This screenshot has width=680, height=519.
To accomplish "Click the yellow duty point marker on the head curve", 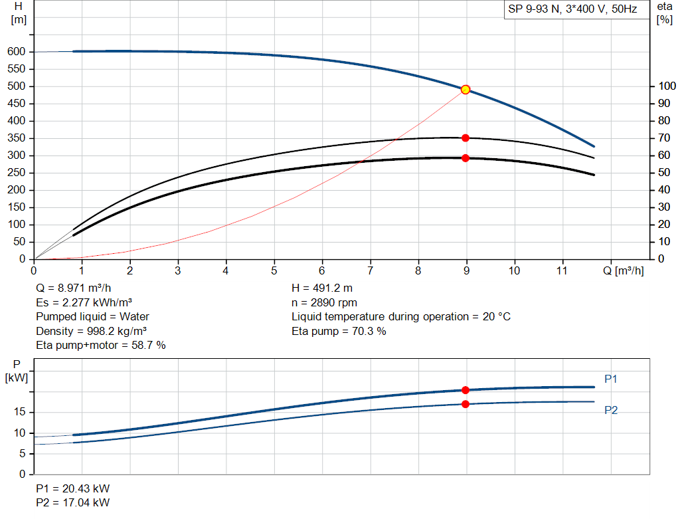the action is click(466, 90).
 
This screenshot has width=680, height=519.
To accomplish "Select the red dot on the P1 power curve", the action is click(466, 390).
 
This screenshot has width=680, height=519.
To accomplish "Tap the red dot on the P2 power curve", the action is click(466, 404).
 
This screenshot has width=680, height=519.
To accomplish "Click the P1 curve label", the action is click(611, 379).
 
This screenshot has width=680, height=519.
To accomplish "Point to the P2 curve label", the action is click(611, 410).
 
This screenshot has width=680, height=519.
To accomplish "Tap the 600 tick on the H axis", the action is click(17, 52).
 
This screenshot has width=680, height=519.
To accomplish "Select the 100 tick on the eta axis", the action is click(667, 86).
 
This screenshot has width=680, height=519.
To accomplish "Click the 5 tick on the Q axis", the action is click(274, 270).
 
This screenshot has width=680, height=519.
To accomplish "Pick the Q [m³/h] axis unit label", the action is click(623, 270).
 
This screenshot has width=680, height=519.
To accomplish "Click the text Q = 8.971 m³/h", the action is click(74, 288).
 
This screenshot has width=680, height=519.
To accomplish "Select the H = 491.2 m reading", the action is click(322, 288).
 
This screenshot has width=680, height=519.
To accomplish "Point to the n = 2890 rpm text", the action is click(324, 302).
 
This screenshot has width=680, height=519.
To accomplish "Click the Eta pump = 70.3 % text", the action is click(339, 331).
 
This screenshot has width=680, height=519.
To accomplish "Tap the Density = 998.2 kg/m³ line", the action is click(91, 331).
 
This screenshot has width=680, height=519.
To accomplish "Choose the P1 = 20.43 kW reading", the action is click(73, 488).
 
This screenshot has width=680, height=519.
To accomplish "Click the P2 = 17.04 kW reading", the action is click(73, 502).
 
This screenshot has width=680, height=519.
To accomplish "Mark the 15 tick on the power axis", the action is click(19, 412).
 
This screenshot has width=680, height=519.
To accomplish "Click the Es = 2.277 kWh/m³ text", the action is click(84, 302).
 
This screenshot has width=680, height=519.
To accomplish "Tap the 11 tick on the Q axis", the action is click(562, 270).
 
